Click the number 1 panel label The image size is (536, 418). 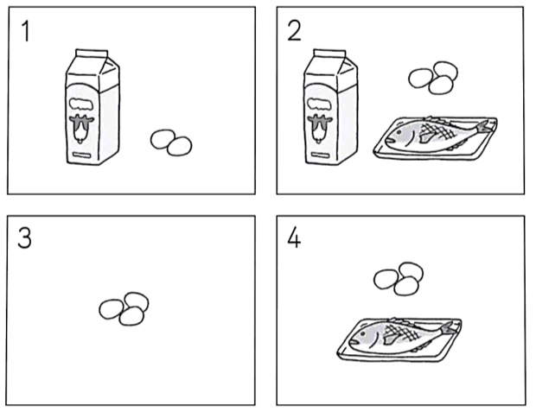pyautogui.click(x=25, y=31)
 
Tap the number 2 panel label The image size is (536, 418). pyautogui.click(x=294, y=31)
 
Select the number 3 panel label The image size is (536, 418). pyautogui.click(x=24, y=237)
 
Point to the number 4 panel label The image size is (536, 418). pyautogui.click(x=294, y=237)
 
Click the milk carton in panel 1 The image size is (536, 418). pyautogui.click(x=93, y=107)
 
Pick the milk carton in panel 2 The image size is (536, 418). pyautogui.click(x=330, y=107)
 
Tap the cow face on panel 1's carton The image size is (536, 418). pyautogui.click(x=81, y=129)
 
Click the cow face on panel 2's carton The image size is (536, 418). pyautogui.click(x=320, y=129)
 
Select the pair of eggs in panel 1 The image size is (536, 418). pyautogui.click(x=171, y=142)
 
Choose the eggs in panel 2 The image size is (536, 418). pyautogui.click(x=433, y=78)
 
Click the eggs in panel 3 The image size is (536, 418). pyautogui.click(x=124, y=308)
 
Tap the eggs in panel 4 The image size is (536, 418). pyautogui.click(x=399, y=279)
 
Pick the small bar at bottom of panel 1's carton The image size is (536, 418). pyautogui.click(x=82, y=155)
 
